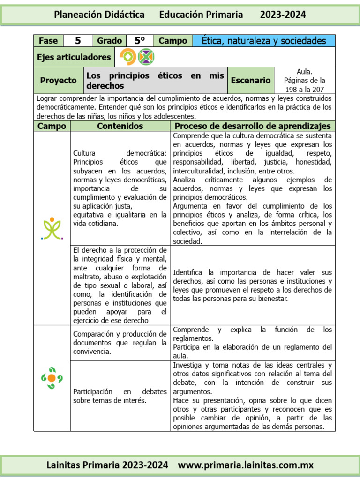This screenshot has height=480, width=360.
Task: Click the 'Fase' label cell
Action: [48, 41]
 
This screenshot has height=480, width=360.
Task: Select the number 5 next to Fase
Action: [78, 41]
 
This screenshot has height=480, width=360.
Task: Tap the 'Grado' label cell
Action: [109, 41]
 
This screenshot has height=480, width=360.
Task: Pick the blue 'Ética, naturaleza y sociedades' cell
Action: [264, 41]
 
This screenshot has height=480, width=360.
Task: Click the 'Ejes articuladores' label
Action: [74, 57]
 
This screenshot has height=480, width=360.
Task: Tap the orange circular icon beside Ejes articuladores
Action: [127, 57]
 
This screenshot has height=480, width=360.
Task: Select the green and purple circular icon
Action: [146, 57]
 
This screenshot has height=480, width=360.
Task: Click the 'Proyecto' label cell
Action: [58, 81]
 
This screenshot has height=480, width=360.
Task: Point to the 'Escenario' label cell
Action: [250, 81]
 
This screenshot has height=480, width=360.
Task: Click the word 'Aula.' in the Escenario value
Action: [304, 72]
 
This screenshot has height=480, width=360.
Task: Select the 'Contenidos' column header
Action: [120, 126]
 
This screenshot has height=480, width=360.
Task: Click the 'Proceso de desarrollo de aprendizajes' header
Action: [253, 126]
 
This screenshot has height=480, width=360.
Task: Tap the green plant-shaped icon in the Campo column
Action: [52, 228]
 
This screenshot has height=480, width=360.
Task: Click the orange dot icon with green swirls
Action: [52, 378]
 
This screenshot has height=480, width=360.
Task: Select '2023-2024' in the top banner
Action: [283, 15]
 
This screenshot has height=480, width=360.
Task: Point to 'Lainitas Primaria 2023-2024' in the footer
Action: [107, 465]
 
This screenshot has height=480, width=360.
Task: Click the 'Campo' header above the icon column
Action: [52, 126]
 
